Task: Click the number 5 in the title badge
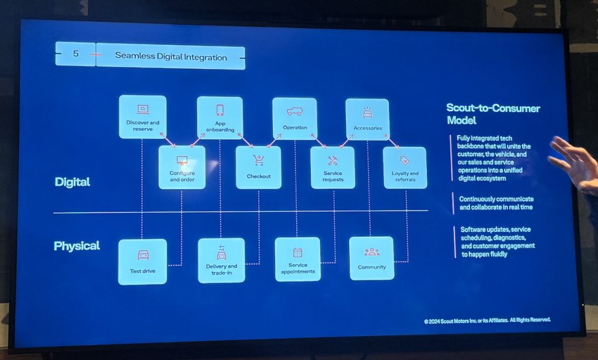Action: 75,54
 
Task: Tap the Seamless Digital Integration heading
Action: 171,57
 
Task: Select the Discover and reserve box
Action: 142,117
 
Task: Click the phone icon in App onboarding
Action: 220,110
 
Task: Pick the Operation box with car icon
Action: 294,118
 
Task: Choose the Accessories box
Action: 367,119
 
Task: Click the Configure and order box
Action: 182,167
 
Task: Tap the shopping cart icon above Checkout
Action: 258,160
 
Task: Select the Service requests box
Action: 332,168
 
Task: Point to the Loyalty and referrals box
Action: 405,168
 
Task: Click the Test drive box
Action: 142,261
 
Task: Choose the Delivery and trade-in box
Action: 221,259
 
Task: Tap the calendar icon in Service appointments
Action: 297,252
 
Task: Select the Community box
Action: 371,258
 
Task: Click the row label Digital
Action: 72,182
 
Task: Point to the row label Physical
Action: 77,245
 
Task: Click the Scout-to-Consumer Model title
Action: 492,114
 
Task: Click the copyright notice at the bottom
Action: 487,320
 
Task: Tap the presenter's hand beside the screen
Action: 575,164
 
